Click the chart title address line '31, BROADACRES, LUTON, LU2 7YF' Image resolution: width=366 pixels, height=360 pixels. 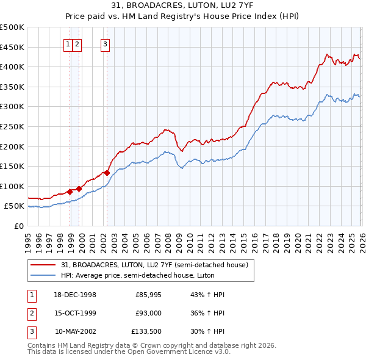[x=183, y=6]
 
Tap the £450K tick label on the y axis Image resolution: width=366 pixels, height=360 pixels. [x=12, y=47]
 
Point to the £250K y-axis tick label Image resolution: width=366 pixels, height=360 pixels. [x=12, y=126]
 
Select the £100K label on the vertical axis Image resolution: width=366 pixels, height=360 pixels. [x=12, y=186]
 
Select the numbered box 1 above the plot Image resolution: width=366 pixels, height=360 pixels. [x=68, y=43]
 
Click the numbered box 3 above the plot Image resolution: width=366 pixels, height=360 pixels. [x=106, y=43]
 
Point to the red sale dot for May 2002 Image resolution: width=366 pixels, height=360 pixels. [x=107, y=173]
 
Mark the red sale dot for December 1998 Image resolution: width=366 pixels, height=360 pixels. [x=70, y=192]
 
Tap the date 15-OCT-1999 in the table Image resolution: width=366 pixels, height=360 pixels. [x=75, y=312]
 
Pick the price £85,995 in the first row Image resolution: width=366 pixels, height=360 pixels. [x=148, y=295]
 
